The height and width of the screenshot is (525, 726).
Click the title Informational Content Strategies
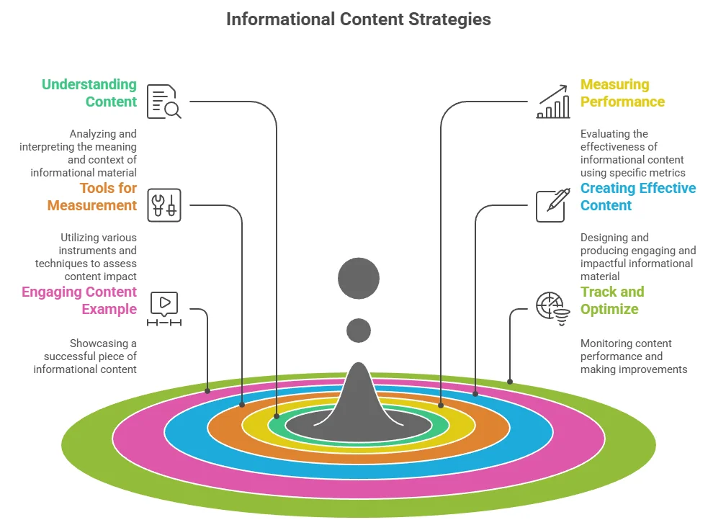358,19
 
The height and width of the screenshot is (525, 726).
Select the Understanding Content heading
89,93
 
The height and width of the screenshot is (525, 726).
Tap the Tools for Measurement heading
91,197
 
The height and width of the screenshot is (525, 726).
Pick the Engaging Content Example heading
79,300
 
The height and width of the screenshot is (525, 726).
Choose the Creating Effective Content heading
637,197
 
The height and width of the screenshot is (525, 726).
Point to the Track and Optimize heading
611,300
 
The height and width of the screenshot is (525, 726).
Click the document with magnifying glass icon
164,102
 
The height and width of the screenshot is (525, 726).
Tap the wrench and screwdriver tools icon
164,205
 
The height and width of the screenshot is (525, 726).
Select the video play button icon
164,309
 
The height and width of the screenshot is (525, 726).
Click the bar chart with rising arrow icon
553,102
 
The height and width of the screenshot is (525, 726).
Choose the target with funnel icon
553,309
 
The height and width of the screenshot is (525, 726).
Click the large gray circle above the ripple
359,278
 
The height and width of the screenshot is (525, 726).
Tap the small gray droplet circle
359,331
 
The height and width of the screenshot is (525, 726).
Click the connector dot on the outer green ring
510,382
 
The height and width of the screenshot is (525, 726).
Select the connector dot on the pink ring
207,391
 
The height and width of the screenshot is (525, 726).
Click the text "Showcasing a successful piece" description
85,356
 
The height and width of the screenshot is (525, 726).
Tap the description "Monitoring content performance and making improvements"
634,356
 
